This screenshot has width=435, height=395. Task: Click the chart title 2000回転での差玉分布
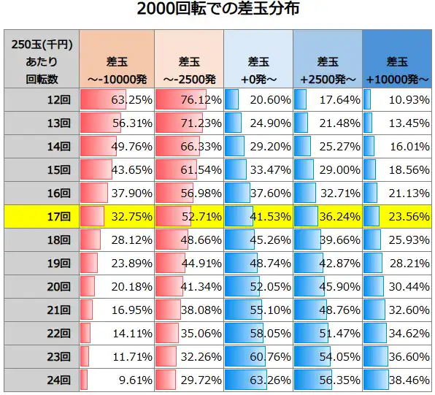tap(217, 11)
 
